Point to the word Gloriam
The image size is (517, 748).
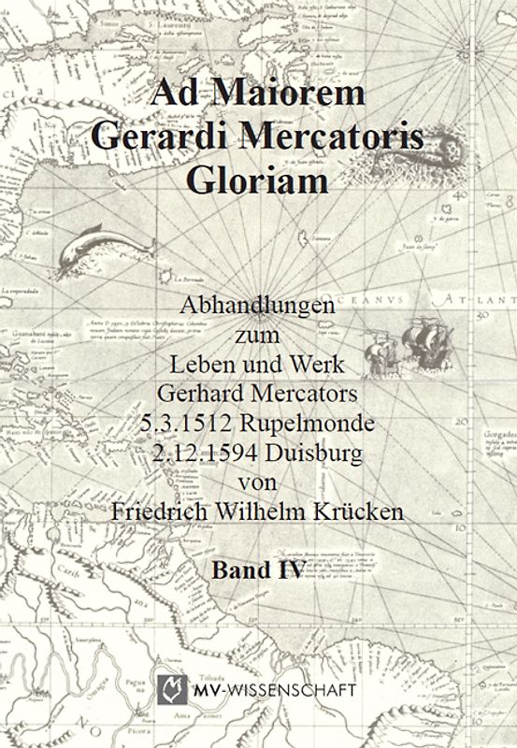[258, 180]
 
